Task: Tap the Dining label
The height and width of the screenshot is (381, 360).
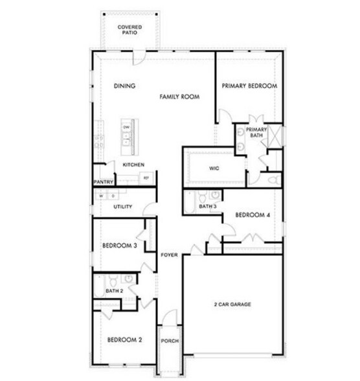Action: [123, 86]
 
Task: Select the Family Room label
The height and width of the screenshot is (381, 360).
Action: [179, 97]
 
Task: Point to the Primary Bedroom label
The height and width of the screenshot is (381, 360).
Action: [249, 86]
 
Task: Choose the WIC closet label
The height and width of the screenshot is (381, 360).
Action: [215, 168]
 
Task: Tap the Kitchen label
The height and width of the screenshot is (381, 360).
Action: [133, 165]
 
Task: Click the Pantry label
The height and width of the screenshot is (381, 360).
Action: [104, 182]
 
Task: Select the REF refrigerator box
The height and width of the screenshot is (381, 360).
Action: [146, 177]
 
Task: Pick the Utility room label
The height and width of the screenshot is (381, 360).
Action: [122, 207]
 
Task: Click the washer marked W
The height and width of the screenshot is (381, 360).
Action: [102, 195]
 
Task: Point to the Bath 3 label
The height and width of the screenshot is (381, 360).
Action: [208, 207]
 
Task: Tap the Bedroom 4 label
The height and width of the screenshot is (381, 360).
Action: [253, 215]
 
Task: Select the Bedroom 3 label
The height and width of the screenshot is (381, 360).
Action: [120, 246]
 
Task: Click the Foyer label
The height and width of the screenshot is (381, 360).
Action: [170, 255]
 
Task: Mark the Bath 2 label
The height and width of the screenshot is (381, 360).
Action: [115, 290]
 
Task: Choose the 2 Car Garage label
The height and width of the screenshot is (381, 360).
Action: [232, 304]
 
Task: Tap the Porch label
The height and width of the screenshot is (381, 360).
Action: [170, 341]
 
